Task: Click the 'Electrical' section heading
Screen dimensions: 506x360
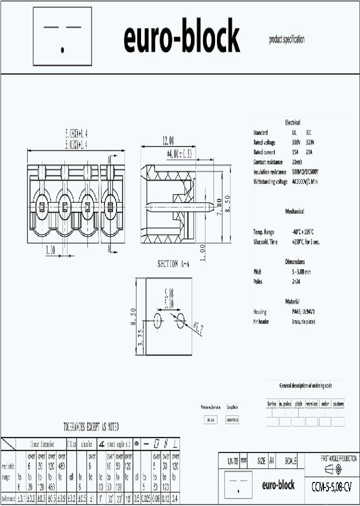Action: pos(292,122)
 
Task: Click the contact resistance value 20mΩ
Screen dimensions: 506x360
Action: pos(297,162)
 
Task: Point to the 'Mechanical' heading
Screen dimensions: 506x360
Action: pos(294,211)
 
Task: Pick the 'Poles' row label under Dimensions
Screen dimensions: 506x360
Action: pos(258,281)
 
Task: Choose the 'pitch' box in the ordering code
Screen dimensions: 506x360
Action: pos(298,403)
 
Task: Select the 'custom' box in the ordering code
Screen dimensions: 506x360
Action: pos(338,403)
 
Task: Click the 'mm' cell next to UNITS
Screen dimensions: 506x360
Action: pos(243,461)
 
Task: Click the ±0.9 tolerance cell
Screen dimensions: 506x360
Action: pos(61,498)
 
